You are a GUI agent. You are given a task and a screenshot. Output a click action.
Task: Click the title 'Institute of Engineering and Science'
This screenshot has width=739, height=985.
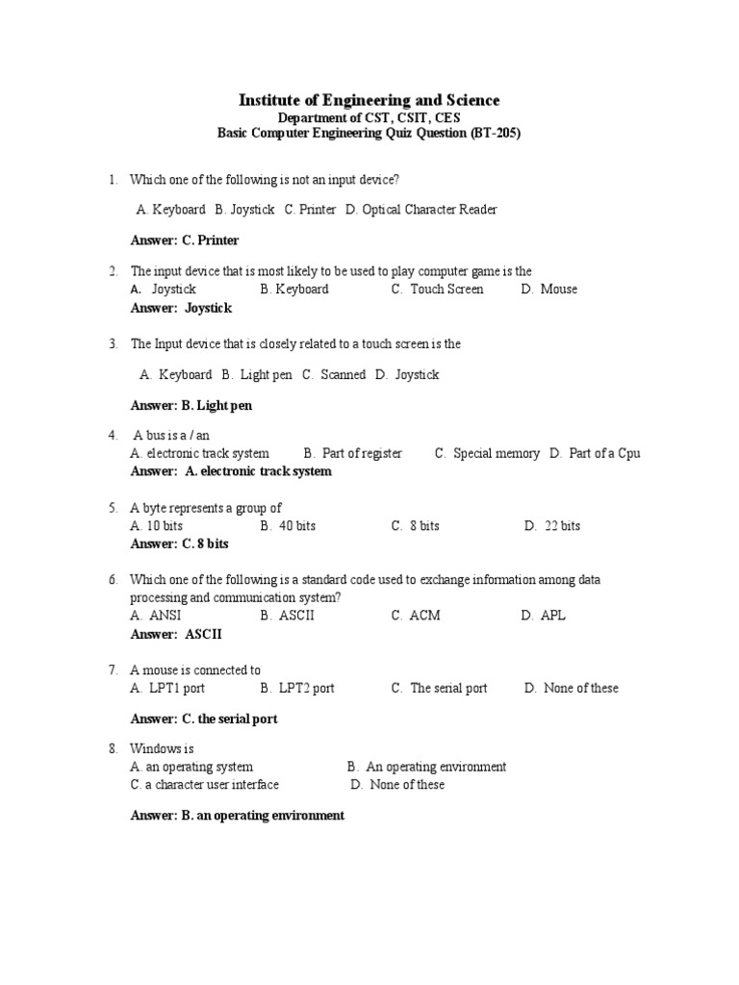click(x=369, y=100)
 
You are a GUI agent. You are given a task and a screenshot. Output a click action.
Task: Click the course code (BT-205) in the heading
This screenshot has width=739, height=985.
click(x=496, y=134)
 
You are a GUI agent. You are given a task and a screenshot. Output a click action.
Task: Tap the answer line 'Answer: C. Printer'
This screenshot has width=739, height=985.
click(x=185, y=240)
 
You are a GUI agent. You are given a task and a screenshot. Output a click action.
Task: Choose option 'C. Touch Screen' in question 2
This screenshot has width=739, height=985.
click(x=438, y=290)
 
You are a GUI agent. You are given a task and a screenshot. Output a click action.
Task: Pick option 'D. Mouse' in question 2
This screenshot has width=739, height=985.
click(x=549, y=290)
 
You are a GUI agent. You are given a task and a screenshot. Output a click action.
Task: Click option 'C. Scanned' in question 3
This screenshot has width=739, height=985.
click(x=334, y=375)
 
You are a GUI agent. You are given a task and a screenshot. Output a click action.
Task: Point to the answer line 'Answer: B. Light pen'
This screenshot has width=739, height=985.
click(x=191, y=406)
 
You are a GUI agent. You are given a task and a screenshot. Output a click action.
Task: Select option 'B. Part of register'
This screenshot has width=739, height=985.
click(x=353, y=453)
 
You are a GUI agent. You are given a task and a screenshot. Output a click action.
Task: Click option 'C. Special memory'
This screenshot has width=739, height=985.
click(x=487, y=453)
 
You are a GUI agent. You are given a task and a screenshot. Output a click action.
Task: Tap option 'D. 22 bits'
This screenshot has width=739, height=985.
click(x=552, y=526)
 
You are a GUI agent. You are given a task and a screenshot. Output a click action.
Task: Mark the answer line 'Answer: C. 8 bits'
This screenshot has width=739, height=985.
click(x=180, y=543)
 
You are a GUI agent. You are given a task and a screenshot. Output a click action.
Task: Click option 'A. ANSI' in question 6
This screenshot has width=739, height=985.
click(x=156, y=616)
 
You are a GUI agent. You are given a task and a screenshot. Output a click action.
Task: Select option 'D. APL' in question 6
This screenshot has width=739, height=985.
click(x=544, y=616)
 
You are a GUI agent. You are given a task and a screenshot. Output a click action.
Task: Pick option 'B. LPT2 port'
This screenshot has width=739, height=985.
click(x=297, y=688)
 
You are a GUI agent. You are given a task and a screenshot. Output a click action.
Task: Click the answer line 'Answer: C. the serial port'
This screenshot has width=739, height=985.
click(x=204, y=719)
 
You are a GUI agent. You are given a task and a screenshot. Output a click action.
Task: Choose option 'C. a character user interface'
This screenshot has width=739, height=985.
click(x=205, y=785)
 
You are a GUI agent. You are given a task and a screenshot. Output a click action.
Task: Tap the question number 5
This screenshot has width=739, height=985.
click(x=113, y=508)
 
